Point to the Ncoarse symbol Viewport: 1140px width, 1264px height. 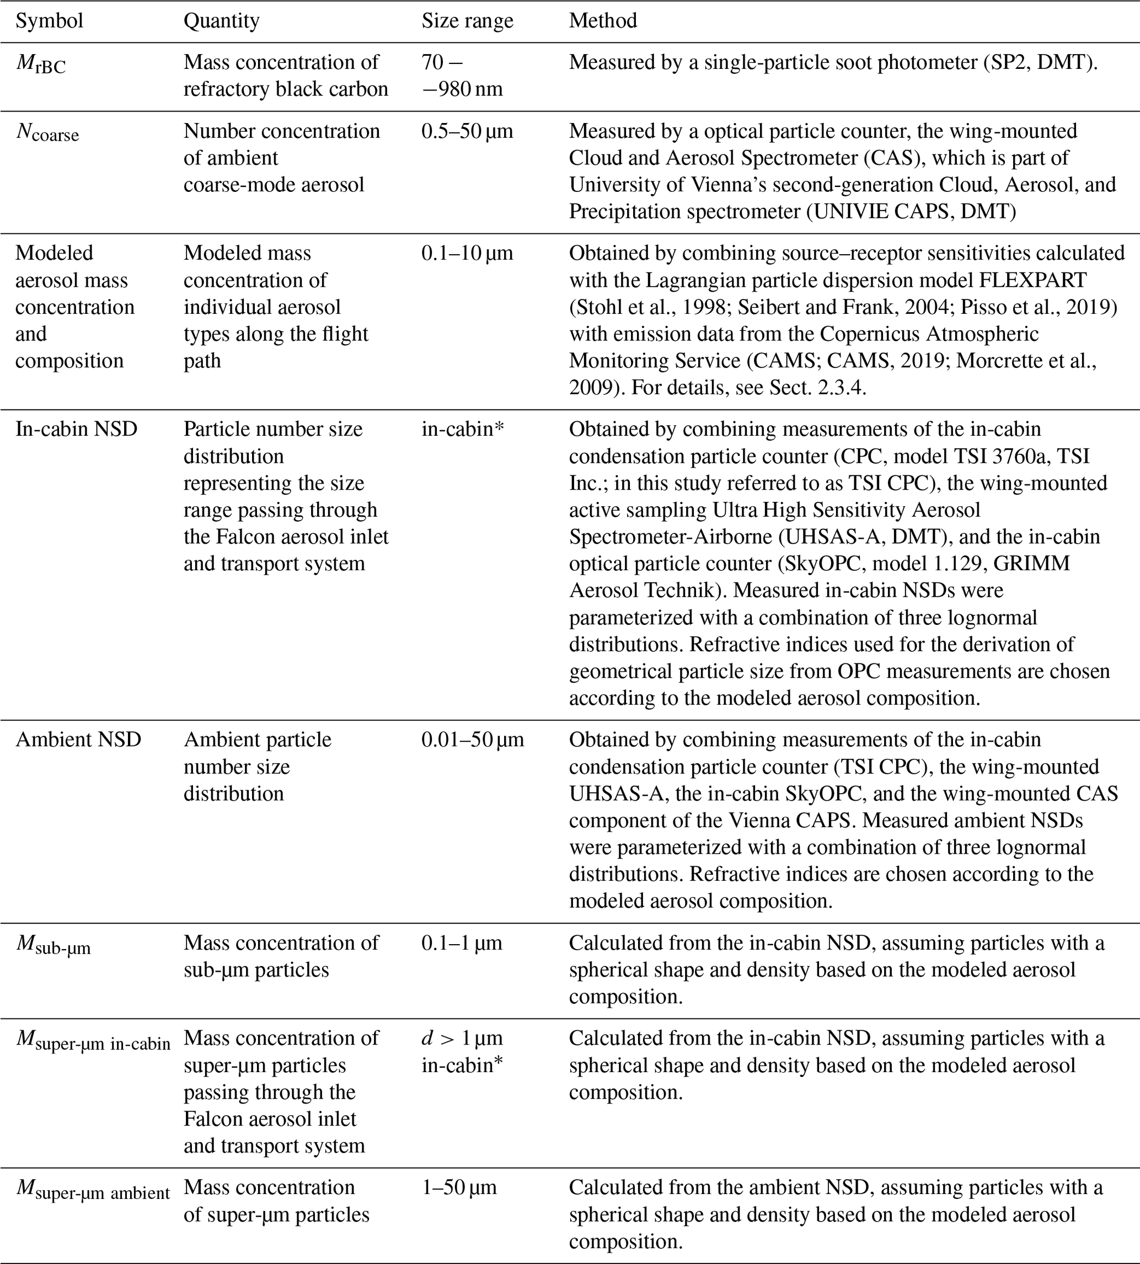(x=47, y=133)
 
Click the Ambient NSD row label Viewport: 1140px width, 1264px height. (x=78, y=740)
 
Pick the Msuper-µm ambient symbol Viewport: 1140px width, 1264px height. (x=92, y=1189)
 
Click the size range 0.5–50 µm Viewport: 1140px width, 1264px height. (x=467, y=132)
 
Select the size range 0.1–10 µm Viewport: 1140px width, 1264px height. (x=467, y=254)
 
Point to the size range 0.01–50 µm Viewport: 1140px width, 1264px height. (x=472, y=740)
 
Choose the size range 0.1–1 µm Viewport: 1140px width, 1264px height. (x=462, y=943)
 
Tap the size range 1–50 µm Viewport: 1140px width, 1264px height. (x=458, y=1187)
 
